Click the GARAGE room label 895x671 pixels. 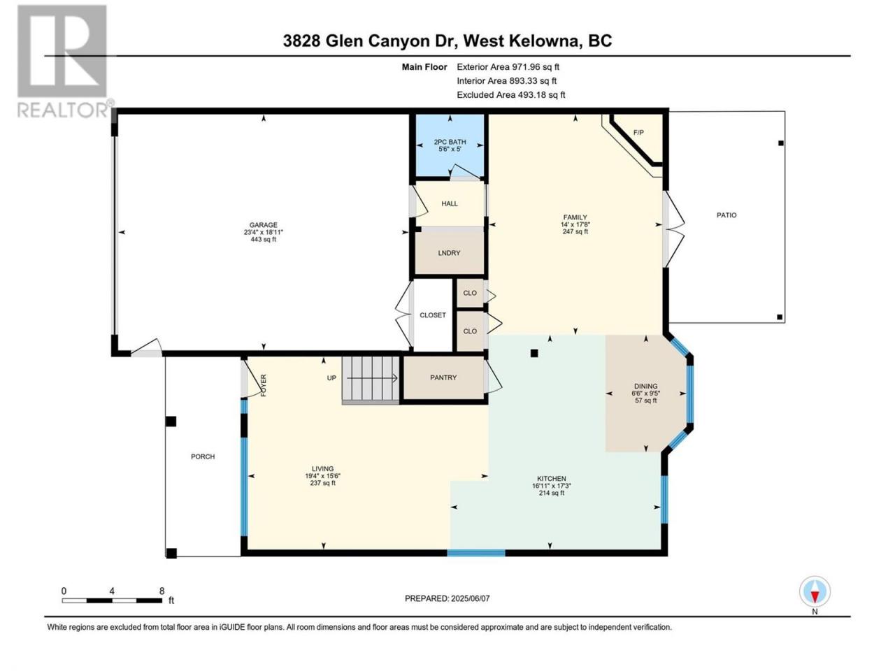click(x=263, y=225)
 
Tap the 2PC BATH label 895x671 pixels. click(x=450, y=142)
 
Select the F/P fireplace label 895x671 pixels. click(x=638, y=133)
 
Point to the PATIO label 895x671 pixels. click(x=726, y=215)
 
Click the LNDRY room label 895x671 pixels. click(x=449, y=253)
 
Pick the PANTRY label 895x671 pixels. click(x=443, y=377)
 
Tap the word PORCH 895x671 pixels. click(x=203, y=456)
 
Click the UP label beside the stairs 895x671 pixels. click(x=331, y=378)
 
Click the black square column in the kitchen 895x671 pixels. click(x=534, y=354)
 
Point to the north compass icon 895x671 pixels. click(x=815, y=591)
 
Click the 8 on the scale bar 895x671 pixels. click(x=162, y=591)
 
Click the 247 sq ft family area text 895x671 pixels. click(x=575, y=231)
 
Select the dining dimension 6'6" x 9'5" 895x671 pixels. click(x=645, y=393)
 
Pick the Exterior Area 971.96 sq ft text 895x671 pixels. click(x=508, y=67)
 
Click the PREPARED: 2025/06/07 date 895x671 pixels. click(x=447, y=598)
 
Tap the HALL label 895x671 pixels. click(x=450, y=203)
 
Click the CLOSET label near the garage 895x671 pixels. click(x=433, y=315)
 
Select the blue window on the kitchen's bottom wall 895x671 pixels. click(x=476, y=553)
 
